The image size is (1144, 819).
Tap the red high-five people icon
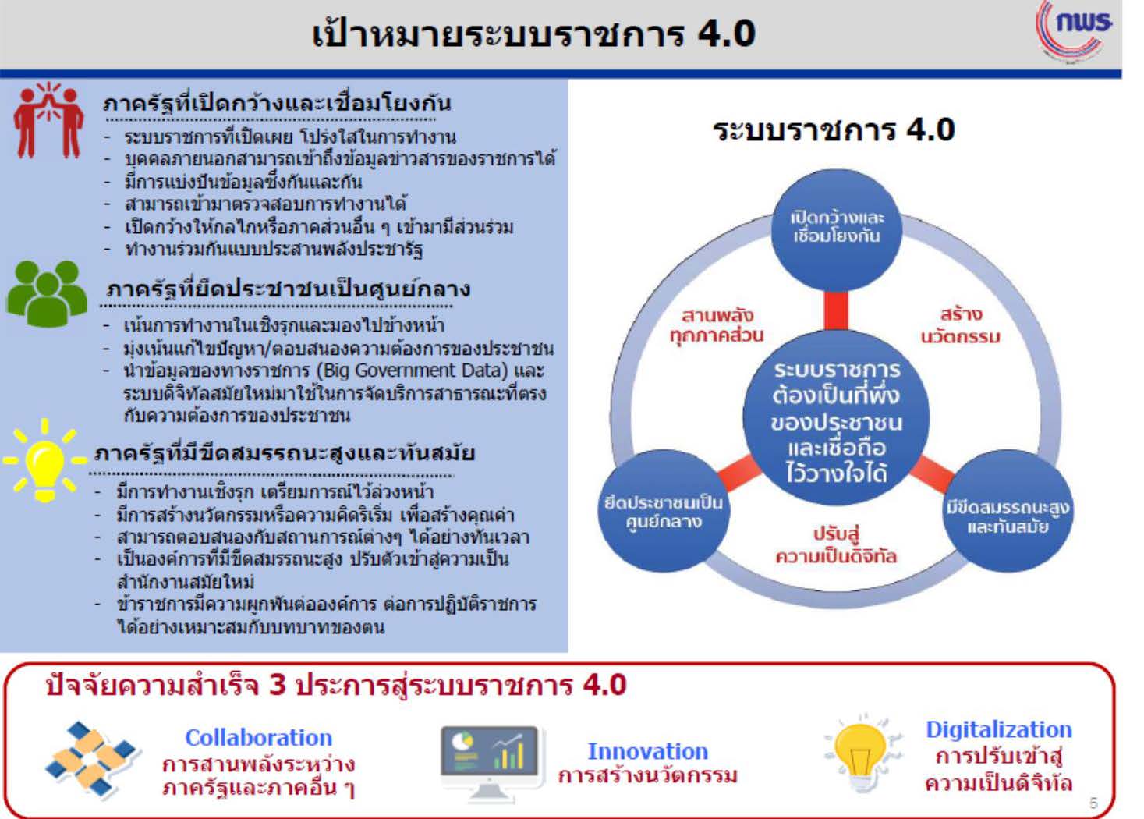click(48, 121)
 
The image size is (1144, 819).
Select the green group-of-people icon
click(47, 293)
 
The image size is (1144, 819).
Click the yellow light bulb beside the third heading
click(45, 460)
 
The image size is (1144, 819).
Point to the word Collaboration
click(258, 738)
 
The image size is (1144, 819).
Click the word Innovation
click(647, 752)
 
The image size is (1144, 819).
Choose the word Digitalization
click(999, 729)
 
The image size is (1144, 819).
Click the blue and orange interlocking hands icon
click(92, 759)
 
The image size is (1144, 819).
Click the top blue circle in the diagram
click(836, 230)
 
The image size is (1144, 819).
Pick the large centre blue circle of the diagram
click(836, 418)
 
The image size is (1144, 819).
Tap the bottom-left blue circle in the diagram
click(664, 511)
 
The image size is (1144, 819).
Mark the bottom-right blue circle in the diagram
click(1008, 511)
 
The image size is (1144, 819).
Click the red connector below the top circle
click(836, 311)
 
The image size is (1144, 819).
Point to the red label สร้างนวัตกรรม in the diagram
click(960, 325)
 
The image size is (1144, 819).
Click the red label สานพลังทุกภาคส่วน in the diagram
click(717, 325)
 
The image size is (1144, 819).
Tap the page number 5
click(1093, 803)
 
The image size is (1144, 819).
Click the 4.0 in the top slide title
click(727, 34)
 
